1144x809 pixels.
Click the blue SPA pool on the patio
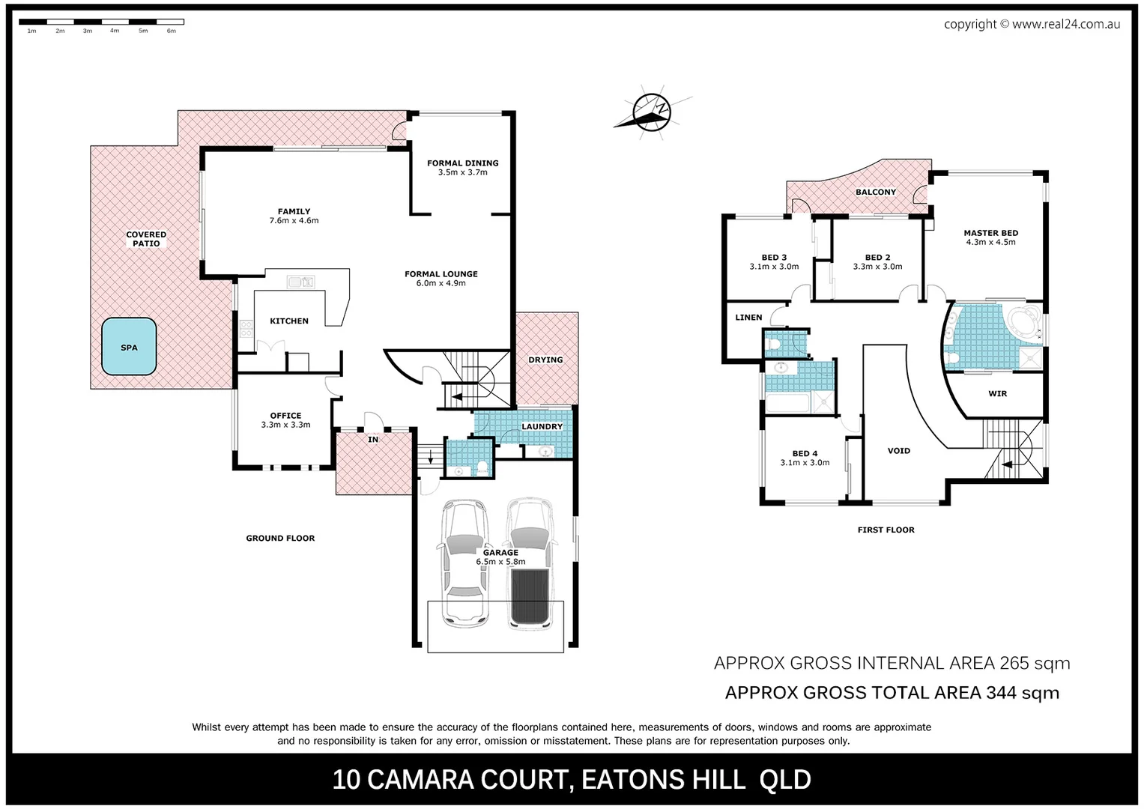[129, 347]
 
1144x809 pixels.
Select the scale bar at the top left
[101, 22]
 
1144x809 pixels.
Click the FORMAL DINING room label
[462, 163]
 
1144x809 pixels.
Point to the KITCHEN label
[289, 321]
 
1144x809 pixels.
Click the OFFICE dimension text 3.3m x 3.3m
[285, 425]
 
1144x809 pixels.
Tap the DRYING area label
[545, 360]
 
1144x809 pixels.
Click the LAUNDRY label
[542, 426]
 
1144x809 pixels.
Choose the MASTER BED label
[990, 233]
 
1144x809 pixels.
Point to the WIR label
[997, 393]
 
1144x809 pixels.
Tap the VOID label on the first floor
[898, 450]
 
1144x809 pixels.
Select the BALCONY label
[875, 192]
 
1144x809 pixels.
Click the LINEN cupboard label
[748, 317]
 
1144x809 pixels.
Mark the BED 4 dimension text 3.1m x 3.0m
[805, 462]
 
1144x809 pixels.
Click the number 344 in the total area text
[1001, 693]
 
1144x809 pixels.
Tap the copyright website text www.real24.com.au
[1065, 24]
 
